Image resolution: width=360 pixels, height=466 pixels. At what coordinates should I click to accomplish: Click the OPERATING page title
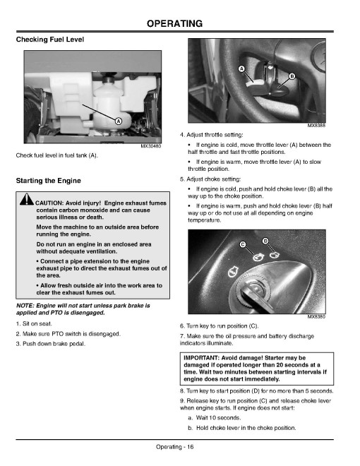click(174, 23)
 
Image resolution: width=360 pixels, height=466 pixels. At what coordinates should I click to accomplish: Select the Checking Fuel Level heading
click(50, 40)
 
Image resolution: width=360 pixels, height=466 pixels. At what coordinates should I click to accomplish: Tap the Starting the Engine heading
click(49, 181)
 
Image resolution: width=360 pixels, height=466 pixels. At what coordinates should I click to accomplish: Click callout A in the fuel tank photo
click(118, 121)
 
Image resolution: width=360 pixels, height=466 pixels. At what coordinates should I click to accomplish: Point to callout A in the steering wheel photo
click(242, 69)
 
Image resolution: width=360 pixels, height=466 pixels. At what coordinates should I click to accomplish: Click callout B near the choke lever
click(292, 76)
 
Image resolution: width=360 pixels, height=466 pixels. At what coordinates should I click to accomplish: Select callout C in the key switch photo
click(243, 244)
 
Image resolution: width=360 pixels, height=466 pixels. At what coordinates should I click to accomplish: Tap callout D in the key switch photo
click(265, 241)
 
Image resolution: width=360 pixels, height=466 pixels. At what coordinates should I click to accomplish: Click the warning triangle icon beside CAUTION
click(27, 199)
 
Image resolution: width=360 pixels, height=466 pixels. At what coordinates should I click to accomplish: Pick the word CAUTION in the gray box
click(49, 203)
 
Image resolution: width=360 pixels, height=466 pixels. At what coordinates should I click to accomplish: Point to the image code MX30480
click(151, 146)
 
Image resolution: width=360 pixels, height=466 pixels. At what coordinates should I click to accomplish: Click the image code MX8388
click(316, 126)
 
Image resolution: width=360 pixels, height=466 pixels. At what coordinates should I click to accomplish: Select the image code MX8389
click(316, 316)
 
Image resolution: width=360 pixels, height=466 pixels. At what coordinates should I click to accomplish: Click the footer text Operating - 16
click(174, 447)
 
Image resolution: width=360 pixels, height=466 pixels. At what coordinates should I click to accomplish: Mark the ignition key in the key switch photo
click(256, 298)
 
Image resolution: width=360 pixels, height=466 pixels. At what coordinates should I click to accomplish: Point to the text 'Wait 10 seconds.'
click(218, 418)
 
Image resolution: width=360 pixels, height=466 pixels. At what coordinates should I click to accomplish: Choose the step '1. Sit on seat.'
click(34, 323)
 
